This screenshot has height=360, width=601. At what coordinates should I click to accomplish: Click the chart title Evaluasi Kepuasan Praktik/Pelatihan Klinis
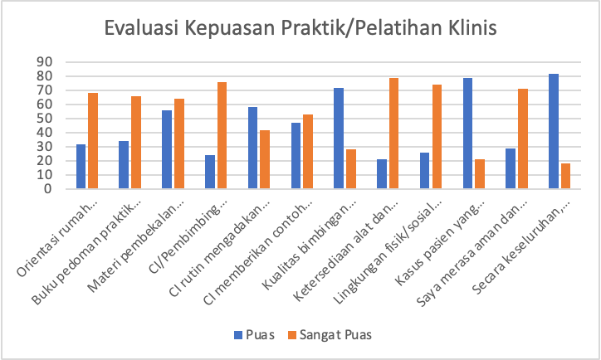300,29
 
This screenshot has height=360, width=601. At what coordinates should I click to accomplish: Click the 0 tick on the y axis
48,189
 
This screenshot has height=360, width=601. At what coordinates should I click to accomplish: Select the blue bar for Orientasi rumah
81,167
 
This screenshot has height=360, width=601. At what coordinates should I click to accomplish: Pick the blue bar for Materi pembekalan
167,149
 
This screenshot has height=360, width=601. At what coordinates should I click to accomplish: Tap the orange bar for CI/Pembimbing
222,135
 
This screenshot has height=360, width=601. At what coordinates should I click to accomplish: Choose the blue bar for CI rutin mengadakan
252,148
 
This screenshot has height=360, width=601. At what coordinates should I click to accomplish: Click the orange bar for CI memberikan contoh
308,152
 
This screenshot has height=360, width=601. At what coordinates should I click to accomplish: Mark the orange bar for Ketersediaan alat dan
393,134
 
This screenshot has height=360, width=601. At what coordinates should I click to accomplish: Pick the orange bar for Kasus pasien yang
480,174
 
